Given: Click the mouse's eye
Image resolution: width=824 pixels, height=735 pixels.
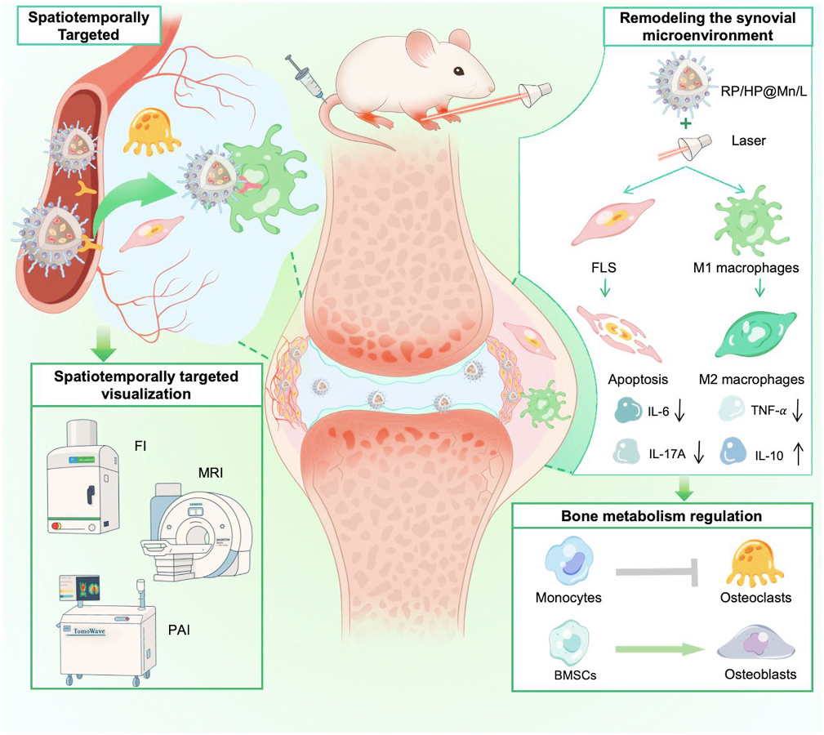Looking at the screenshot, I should click(460, 71).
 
